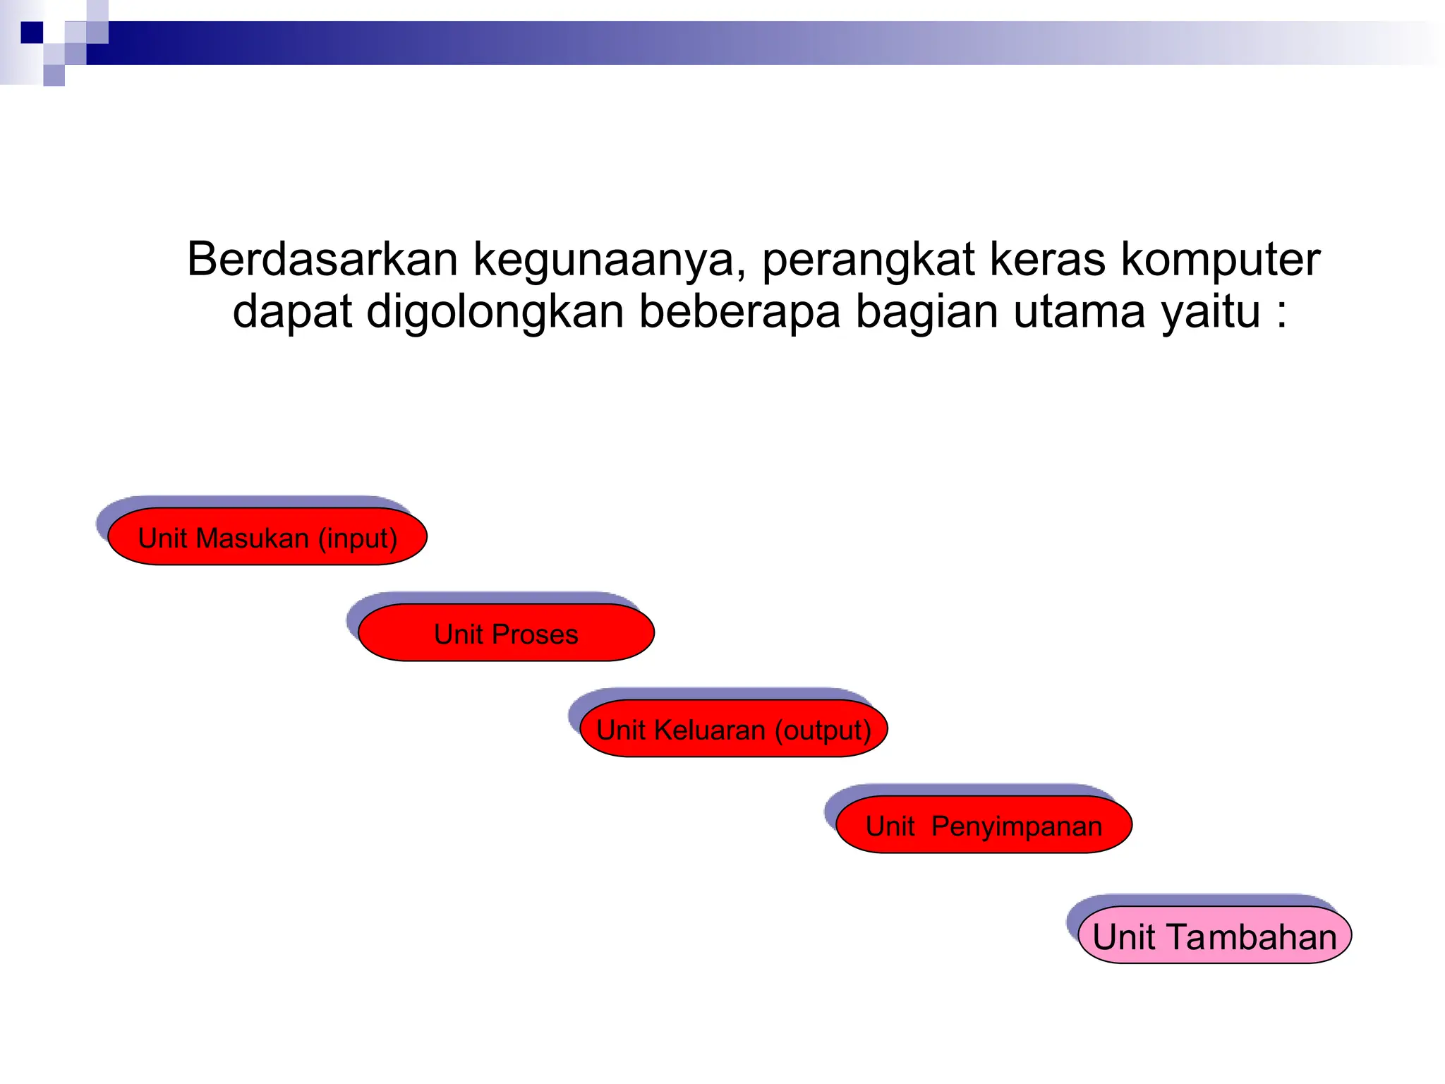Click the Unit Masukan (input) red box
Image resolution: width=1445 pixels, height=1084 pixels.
coord(267,537)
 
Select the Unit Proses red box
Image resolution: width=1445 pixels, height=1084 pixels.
coord(506,633)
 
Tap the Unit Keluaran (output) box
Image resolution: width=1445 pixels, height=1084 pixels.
coord(733,729)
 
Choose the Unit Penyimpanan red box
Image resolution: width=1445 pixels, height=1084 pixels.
coord(984,825)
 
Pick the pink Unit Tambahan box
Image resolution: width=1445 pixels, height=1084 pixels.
coord(1214,936)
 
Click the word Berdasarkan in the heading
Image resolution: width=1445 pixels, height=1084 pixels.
coord(322,259)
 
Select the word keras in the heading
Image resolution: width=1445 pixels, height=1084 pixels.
coord(1047,259)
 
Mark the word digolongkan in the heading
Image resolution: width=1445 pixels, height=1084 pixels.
coord(495,313)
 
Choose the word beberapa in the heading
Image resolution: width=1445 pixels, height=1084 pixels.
coord(739,313)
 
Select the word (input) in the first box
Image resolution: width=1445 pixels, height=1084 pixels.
coord(357,538)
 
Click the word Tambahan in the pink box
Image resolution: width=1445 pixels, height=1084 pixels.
coord(1252,937)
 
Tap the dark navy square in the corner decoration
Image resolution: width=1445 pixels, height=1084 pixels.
coord(32,32)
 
